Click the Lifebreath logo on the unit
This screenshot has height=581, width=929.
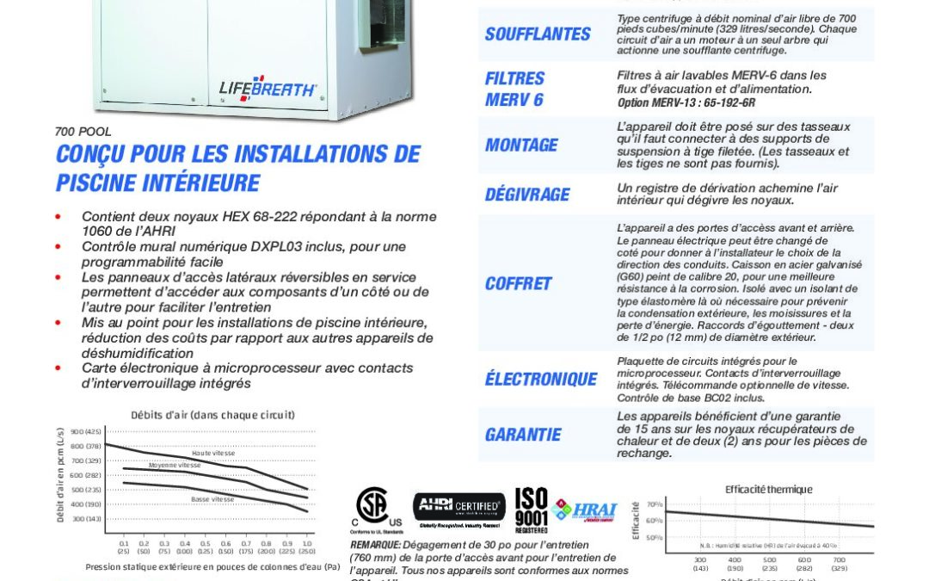(268, 87)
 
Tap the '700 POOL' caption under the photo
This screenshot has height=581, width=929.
(83, 132)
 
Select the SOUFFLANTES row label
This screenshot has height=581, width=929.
(538, 34)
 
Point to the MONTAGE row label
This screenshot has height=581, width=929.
(521, 145)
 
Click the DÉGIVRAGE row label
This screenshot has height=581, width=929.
(527, 195)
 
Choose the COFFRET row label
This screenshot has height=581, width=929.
(519, 283)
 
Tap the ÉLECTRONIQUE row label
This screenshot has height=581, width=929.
(541, 379)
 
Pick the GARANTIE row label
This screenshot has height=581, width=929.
(523, 435)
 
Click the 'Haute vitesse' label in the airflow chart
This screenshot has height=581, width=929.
(212, 453)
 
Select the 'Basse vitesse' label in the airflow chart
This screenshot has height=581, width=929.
(212, 499)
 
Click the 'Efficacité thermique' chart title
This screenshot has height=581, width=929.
(768, 490)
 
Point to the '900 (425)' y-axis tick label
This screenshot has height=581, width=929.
(86, 431)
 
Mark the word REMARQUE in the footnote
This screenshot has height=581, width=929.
(375, 545)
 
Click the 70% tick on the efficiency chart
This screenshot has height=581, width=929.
(655, 504)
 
